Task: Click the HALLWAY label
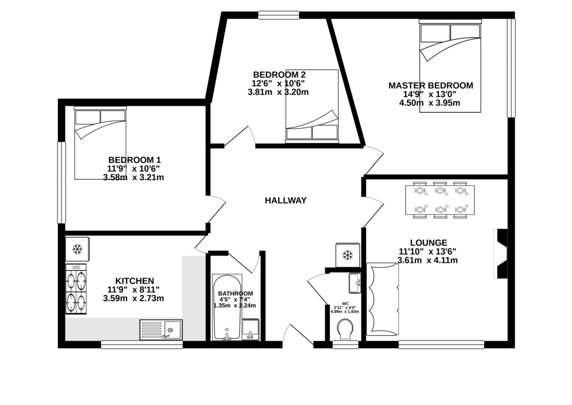pyautogui.click(x=286, y=200)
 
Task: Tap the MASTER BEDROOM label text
pyautogui.click(x=431, y=85)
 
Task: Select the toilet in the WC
pyautogui.click(x=345, y=330)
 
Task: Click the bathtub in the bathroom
pyautogui.click(x=227, y=307)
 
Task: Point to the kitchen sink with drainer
pyautogui.click(x=161, y=330)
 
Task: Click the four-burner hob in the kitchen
pyautogui.click(x=76, y=289)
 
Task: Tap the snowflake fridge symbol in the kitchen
pyautogui.click(x=77, y=249)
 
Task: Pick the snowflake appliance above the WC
pyautogui.click(x=347, y=255)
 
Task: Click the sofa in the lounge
pyautogui.click(x=382, y=299)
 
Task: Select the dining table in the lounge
pyautogui.click(x=440, y=200)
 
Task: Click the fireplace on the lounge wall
pyautogui.click(x=500, y=253)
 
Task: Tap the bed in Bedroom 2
pyautogui.click(x=312, y=106)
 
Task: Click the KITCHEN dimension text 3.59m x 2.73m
pyautogui.click(x=133, y=299)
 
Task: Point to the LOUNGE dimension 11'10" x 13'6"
pyautogui.click(x=428, y=252)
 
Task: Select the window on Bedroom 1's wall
pyautogui.click(x=61, y=183)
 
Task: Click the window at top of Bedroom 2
pyautogui.click(x=278, y=15)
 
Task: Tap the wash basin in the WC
pyautogui.click(x=355, y=283)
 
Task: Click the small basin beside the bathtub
pyautogui.click(x=251, y=330)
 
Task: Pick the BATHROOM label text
pyautogui.click(x=235, y=293)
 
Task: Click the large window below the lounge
pyautogui.click(x=441, y=344)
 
